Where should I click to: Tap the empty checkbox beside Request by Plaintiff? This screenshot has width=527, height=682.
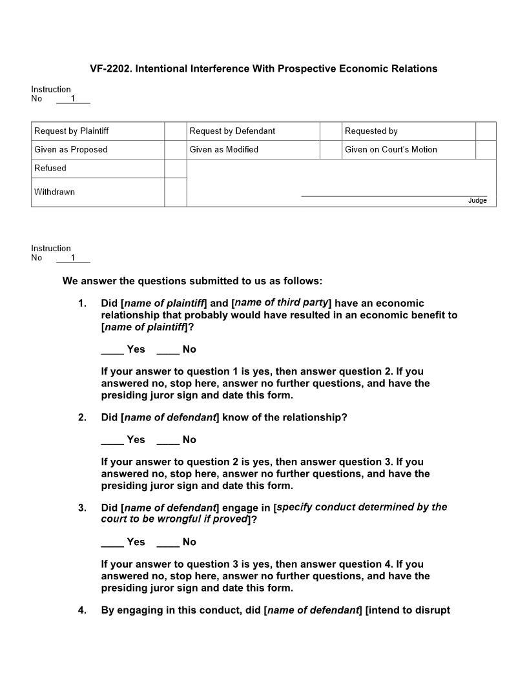click(x=176, y=131)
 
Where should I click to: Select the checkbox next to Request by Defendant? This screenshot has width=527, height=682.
click(x=331, y=131)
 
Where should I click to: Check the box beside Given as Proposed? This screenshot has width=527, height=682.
click(x=176, y=150)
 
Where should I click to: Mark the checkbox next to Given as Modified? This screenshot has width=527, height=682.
click(x=331, y=150)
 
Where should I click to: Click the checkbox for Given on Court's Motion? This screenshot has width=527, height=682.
click(x=486, y=150)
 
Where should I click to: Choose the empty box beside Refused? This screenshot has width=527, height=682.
click(x=176, y=169)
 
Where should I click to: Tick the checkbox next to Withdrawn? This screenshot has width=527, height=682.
click(x=176, y=192)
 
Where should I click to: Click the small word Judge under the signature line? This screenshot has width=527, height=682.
click(x=477, y=201)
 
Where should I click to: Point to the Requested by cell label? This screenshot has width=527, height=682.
click(x=371, y=131)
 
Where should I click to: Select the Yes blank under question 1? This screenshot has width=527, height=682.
click(x=112, y=350)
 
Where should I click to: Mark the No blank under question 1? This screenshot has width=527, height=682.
click(x=168, y=350)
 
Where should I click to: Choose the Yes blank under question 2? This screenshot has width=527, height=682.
click(x=112, y=440)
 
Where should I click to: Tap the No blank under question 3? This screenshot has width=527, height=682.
click(x=168, y=542)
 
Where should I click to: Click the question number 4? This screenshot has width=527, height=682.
click(x=82, y=610)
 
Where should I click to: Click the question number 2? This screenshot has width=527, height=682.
click(x=82, y=418)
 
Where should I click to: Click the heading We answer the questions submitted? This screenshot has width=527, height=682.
click(x=192, y=281)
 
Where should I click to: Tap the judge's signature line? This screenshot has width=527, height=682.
click(x=394, y=195)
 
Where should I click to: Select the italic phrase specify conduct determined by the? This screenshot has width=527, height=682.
click(x=362, y=507)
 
